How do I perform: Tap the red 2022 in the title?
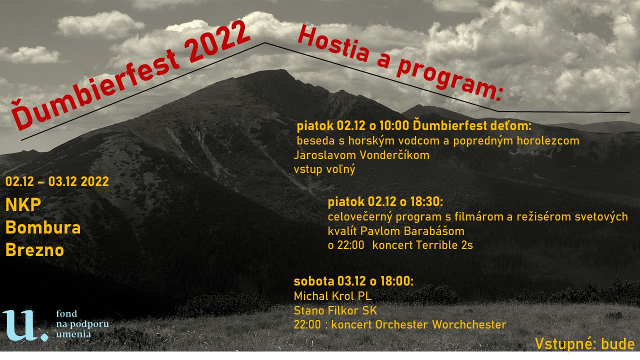[217, 40]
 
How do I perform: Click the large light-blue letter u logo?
[25, 325]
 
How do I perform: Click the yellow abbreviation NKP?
[23, 205]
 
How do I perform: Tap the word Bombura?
[43, 227]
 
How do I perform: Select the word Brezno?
[34, 250]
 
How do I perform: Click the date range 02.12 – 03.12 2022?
[57, 181]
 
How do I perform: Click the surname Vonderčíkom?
[394, 155]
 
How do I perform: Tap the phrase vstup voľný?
[324, 169]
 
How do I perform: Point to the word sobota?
[313, 281]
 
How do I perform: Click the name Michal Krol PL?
[332, 296]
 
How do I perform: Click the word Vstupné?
[565, 344]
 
